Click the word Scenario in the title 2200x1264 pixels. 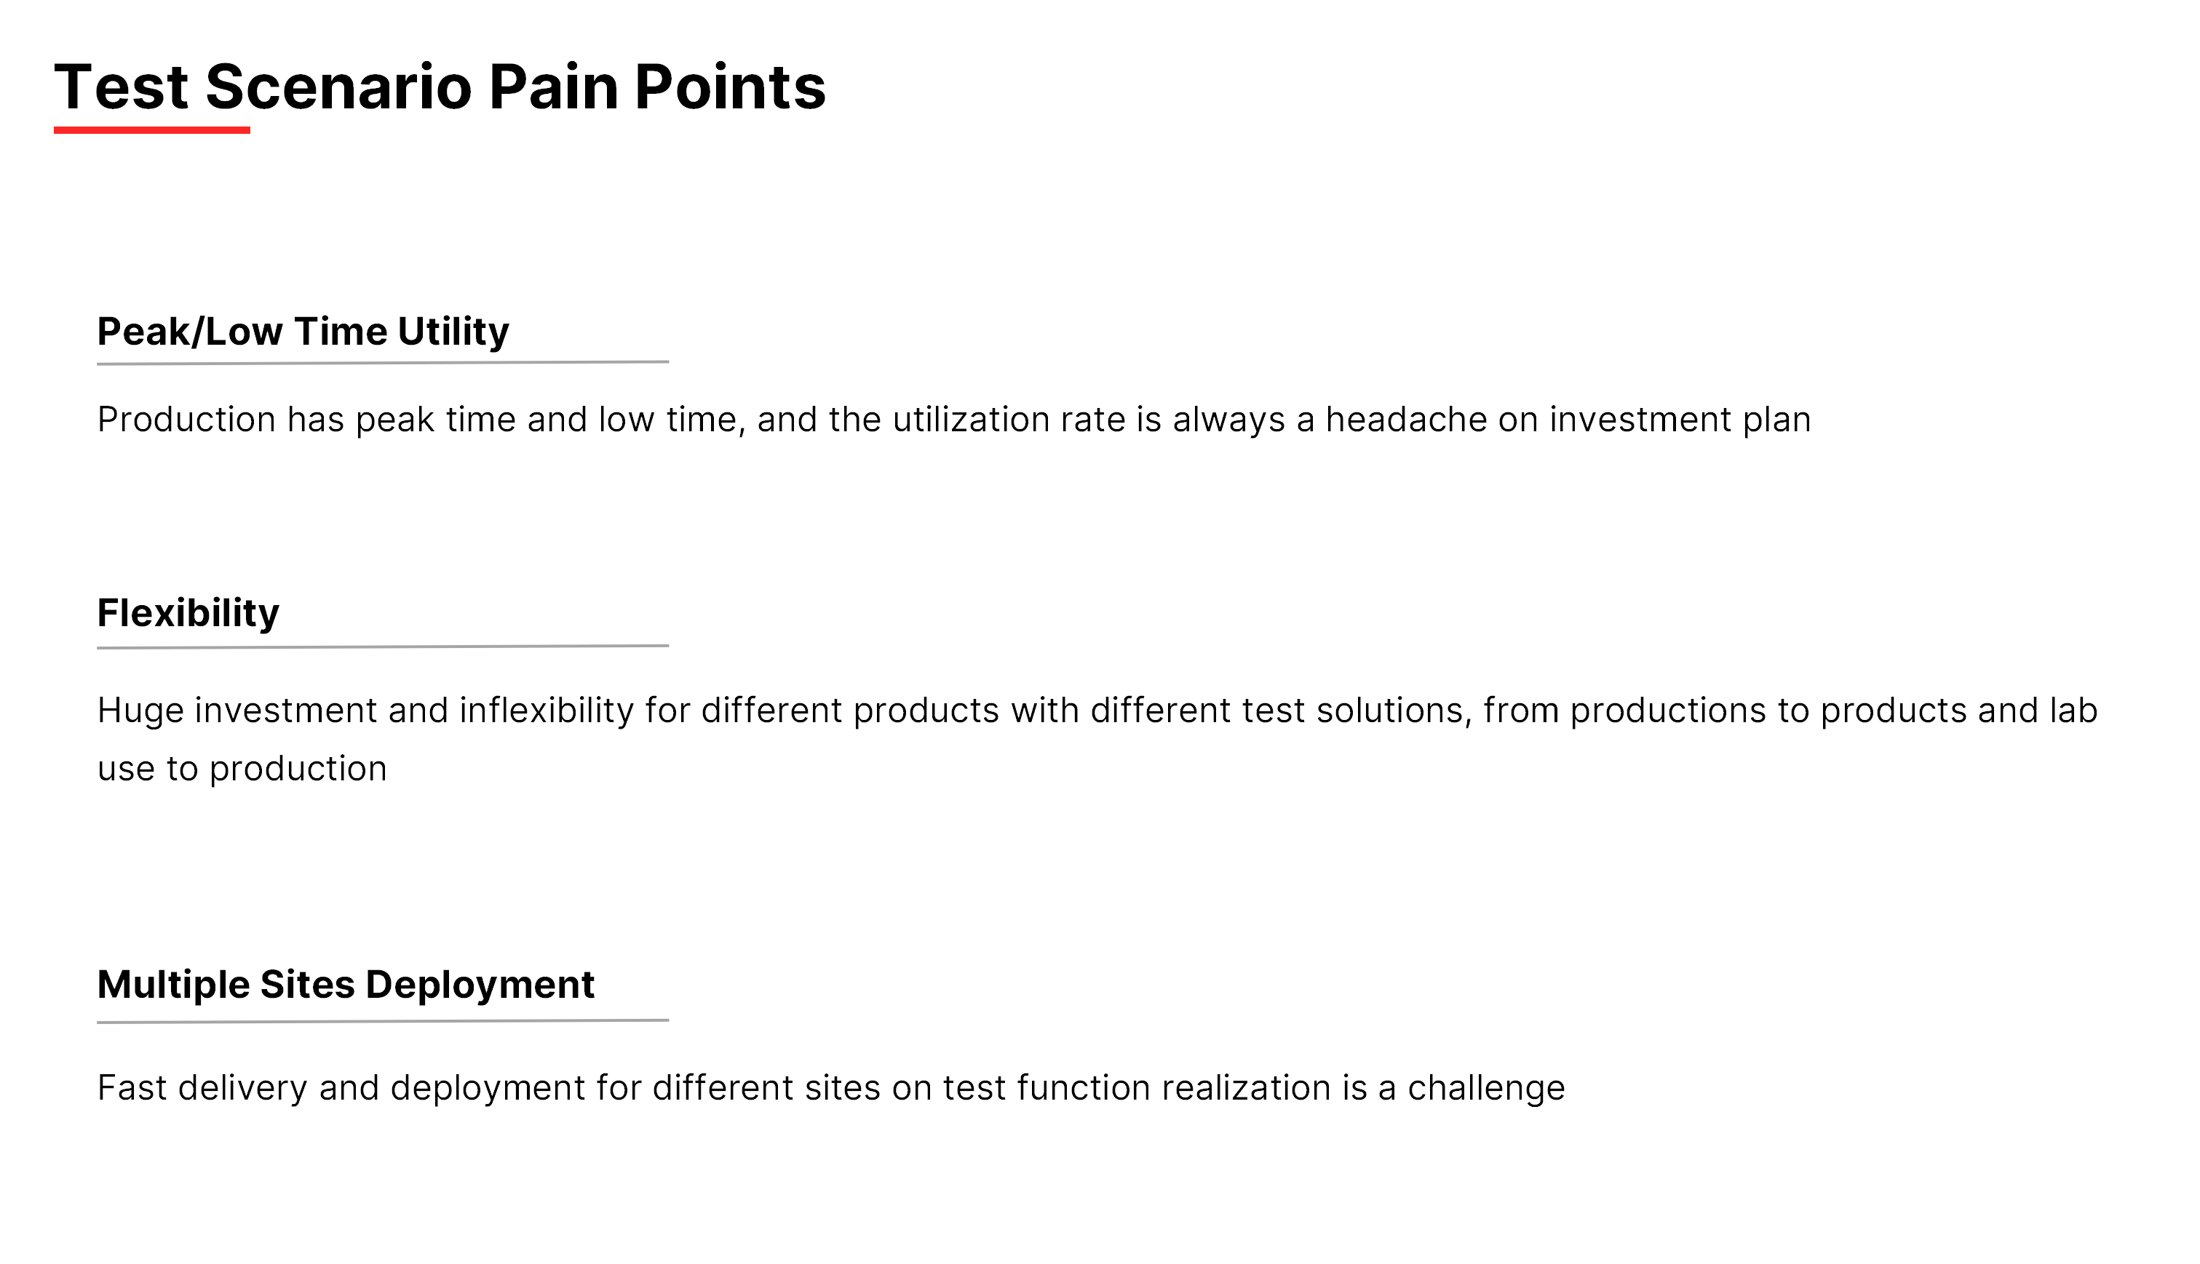(338, 87)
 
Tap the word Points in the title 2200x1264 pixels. (731, 87)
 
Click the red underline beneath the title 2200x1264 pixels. (152, 130)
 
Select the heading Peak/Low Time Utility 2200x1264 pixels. (303, 332)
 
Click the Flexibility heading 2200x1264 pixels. (188, 614)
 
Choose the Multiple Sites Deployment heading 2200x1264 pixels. (346, 985)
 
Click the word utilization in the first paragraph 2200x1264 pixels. (971, 420)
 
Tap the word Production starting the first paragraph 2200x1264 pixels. (187, 420)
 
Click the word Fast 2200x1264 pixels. (132, 1088)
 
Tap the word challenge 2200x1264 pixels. (1486, 1089)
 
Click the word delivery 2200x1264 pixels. (242, 1089)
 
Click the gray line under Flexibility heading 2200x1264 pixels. (383, 647)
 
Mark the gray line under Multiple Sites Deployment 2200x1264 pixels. (383, 1021)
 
